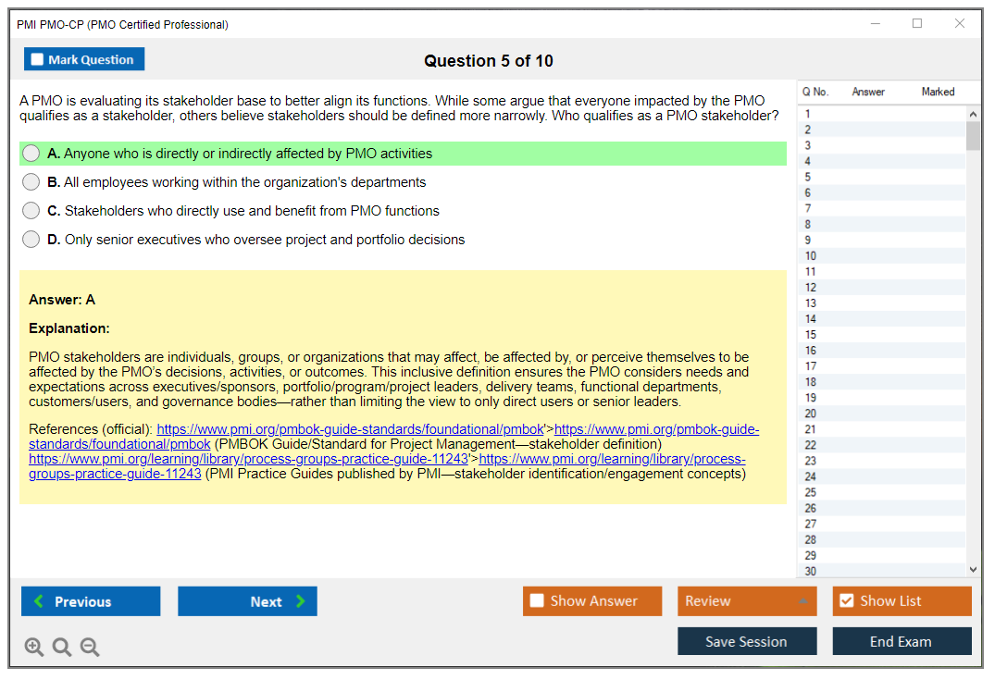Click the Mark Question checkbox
[x=37, y=60]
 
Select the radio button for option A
[x=31, y=154]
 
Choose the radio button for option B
[x=31, y=182]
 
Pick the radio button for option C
[x=31, y=211]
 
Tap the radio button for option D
[x=31, y=240]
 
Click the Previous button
[x=91, y=601]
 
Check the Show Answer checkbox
[x=537, y=601]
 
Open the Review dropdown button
[x=746, y=601]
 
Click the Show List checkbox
[x=846, y=601]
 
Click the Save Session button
[x=746, y=641]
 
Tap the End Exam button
[x=901, y=641]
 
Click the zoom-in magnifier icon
[x=34, y=648]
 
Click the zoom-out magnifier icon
[x=90, y=648]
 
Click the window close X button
[x=960, y=24]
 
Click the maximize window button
[x=917, y=24]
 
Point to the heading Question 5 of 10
[x=489, y=61]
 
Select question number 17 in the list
[x=811, y=366]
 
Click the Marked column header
[x=938, y=92]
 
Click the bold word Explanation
[x=69, y=328]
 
